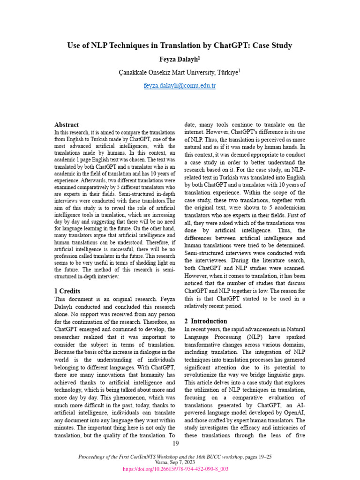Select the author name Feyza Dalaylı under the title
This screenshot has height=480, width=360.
pos(180,60)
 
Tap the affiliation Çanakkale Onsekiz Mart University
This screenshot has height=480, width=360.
pos(166,72)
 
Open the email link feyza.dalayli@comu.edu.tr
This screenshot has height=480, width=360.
pos(180,86)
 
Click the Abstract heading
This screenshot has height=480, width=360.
pos(67,125)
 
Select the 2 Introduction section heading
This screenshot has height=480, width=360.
pos(206,321)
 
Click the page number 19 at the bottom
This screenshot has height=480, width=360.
pos(176,444)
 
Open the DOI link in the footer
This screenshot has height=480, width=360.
pos(175,469)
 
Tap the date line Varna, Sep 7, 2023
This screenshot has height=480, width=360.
pos(175,462)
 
